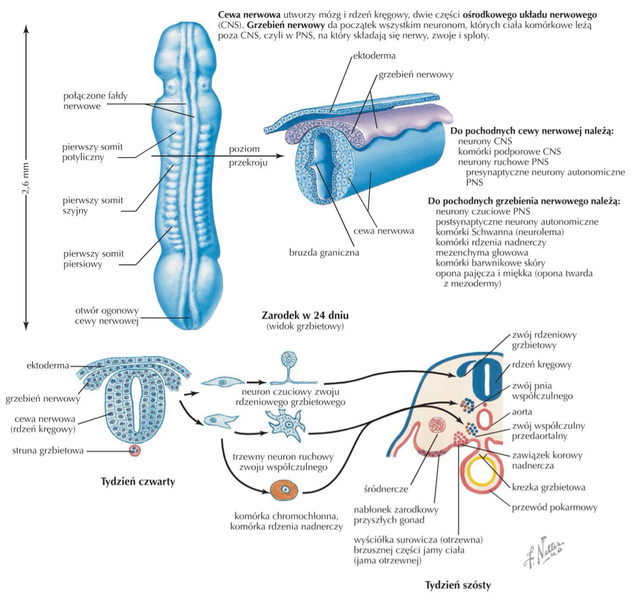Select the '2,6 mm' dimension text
26,177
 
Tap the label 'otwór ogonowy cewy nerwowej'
107,316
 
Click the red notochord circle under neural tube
135,451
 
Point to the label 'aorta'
523,412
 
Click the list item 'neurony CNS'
481,141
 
